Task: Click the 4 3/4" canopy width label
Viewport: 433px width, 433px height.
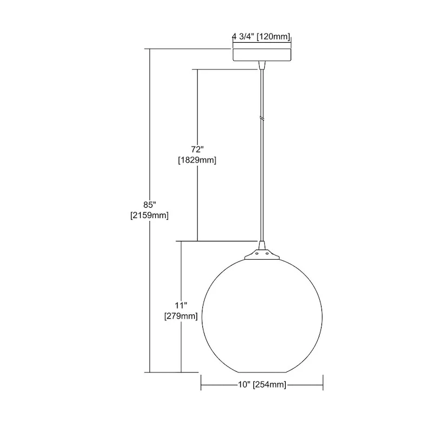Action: pyautogui.click(x=243, y=36)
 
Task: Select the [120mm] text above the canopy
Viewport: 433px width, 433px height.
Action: pyautogui.click(x=273, y=36)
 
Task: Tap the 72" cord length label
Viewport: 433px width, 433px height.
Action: pyautogui.click(x=198, y=149)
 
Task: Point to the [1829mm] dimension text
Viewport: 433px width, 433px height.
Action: pyautogui.click(x=197, y=160)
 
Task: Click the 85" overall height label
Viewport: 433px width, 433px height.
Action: pyautogui.click(x=150, y=205)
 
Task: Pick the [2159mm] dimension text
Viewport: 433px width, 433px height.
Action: pyautogui.click(x=149, y=215)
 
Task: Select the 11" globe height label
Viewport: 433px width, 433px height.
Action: pyautogui.click(x=181, y=305)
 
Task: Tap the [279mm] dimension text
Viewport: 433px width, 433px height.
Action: pyautogui.click(x=181, y=316)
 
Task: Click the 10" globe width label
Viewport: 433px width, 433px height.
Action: pyautogui.click(x=244, y=384)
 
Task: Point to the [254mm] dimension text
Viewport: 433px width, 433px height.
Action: pyautogui.click(x=270, y=384)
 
